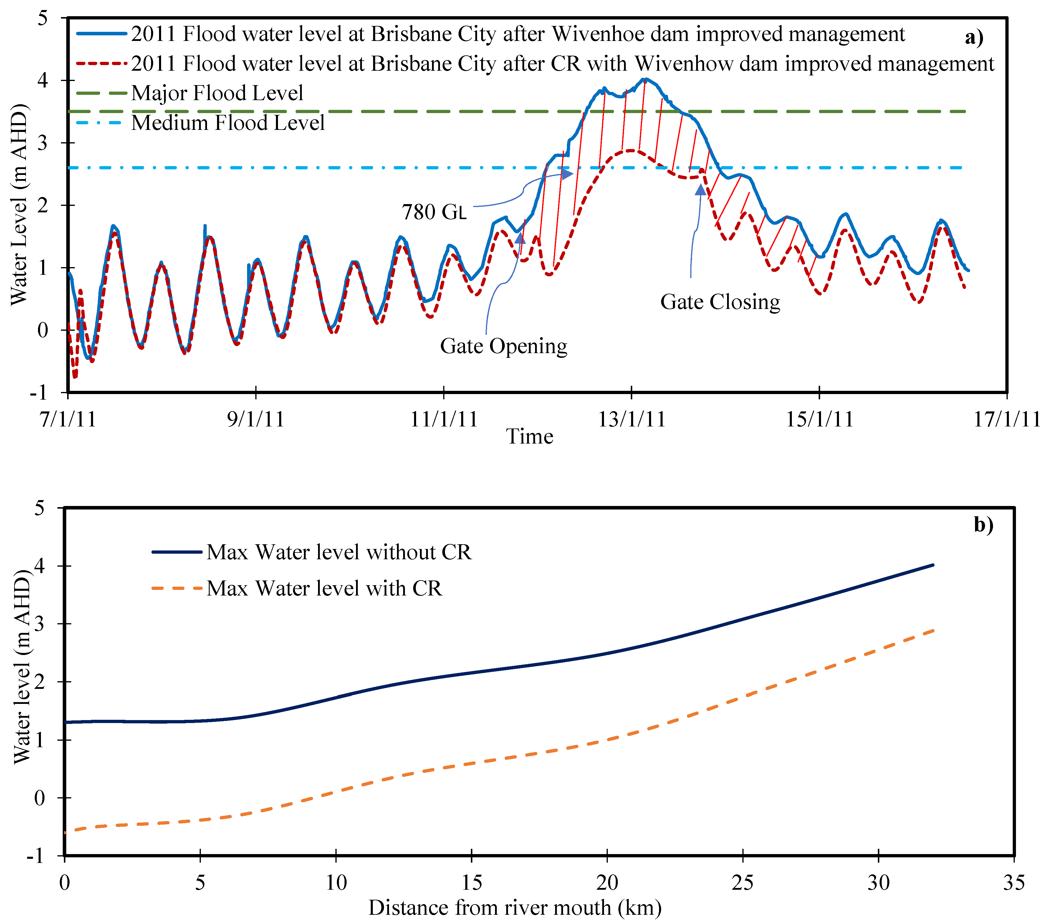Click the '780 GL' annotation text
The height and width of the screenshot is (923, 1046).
[x=434, y=212]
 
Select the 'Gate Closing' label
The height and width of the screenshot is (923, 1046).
[x=720, y=302]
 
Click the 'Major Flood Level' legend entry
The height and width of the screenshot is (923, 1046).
[x=217, y=93]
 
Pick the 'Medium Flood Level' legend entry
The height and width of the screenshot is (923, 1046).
[x=228, y=123]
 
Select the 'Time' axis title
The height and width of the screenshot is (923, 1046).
[x=530, y=437]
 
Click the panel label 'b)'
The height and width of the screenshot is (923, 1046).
[x=983, y=525]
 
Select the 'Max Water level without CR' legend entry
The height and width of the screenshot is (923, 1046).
[x=338, y=553]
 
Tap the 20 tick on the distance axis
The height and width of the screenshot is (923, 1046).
[x=607, y=883]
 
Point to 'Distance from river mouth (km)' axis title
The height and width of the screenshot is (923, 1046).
[x=515, y=908]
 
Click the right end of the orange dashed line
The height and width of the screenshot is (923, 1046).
[x=934, y=631]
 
